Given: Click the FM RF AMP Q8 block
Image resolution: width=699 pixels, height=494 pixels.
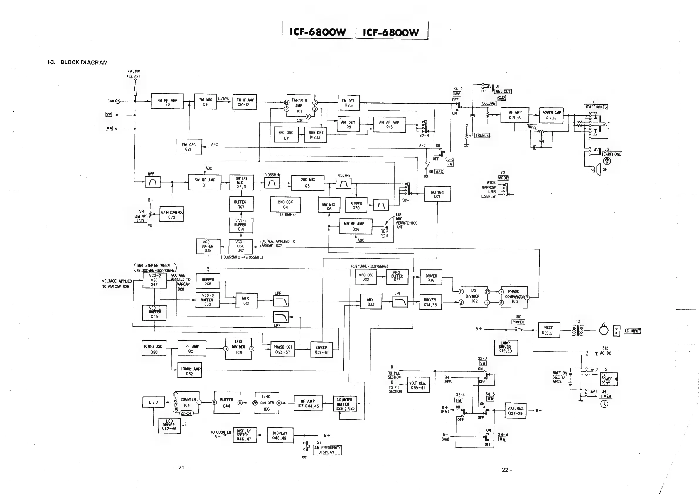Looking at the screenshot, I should point(167,101).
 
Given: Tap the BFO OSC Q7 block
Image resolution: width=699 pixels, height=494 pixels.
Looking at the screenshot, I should point(286,135).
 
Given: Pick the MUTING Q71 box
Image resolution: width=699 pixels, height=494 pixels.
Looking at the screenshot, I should point(437,194).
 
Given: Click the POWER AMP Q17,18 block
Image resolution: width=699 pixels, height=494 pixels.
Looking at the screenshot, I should point(551,115).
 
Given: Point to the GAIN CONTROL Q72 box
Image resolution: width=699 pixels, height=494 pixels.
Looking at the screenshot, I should point(172,215).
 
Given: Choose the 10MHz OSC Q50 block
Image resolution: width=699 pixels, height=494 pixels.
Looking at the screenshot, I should point(154,348).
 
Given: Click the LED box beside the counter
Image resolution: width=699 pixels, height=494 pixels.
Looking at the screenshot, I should point(154,402).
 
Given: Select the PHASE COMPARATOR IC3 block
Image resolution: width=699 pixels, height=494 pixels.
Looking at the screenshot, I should point(514,297).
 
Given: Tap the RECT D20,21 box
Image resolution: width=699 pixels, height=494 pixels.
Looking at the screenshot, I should point(549,330).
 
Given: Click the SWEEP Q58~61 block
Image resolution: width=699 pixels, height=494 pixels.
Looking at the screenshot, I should point(321,350).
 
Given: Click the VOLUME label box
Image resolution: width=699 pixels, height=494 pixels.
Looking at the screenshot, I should point(489,104).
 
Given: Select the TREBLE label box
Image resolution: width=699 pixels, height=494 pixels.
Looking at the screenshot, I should point(482,135).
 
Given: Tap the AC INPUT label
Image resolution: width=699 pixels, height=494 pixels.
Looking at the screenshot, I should point(632,331).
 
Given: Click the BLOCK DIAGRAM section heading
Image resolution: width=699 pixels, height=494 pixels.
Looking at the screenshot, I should point(84,63).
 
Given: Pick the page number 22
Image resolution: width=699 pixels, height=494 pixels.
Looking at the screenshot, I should point(505,470).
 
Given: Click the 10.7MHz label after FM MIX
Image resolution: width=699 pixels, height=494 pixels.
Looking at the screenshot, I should point(223,99).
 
